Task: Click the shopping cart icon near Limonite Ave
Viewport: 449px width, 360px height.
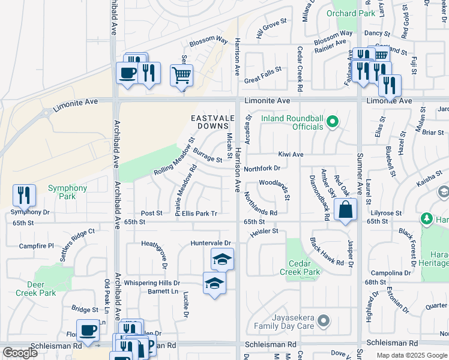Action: [x=182, y=76]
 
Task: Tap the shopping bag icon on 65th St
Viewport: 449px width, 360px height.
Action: [x=346, y=210]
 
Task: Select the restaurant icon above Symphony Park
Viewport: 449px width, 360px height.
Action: [x=24, y=195]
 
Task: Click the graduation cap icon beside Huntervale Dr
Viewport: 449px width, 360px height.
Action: [x=222, y=259]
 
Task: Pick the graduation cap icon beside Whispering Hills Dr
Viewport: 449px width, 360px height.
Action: [x=214, y=283]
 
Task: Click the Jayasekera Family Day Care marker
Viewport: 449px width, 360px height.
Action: [x=324, y=321]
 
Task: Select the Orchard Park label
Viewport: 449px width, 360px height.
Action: [x=350, y=13]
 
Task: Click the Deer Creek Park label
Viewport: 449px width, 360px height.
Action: [x=35, y=289]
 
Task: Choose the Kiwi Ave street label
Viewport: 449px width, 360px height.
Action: [x=290, y=154]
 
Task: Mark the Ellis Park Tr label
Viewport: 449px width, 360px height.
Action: [x=200, y=213]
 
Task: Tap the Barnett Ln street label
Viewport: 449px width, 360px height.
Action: [x=163, y=292]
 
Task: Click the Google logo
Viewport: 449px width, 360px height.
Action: [x=20, y=353]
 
